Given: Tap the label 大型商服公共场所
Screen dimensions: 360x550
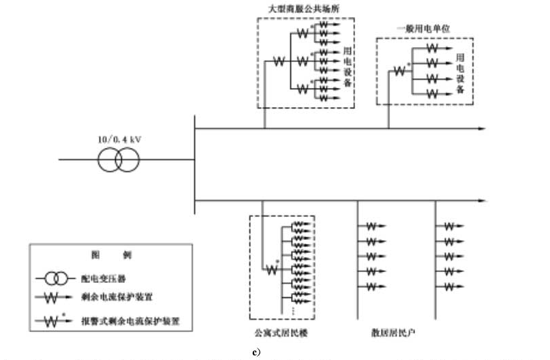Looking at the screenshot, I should coord(305,8).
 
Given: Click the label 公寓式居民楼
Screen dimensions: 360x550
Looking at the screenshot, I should coord(281,333).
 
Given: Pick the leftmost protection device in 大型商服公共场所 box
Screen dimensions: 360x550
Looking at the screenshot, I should coord(277,62).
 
